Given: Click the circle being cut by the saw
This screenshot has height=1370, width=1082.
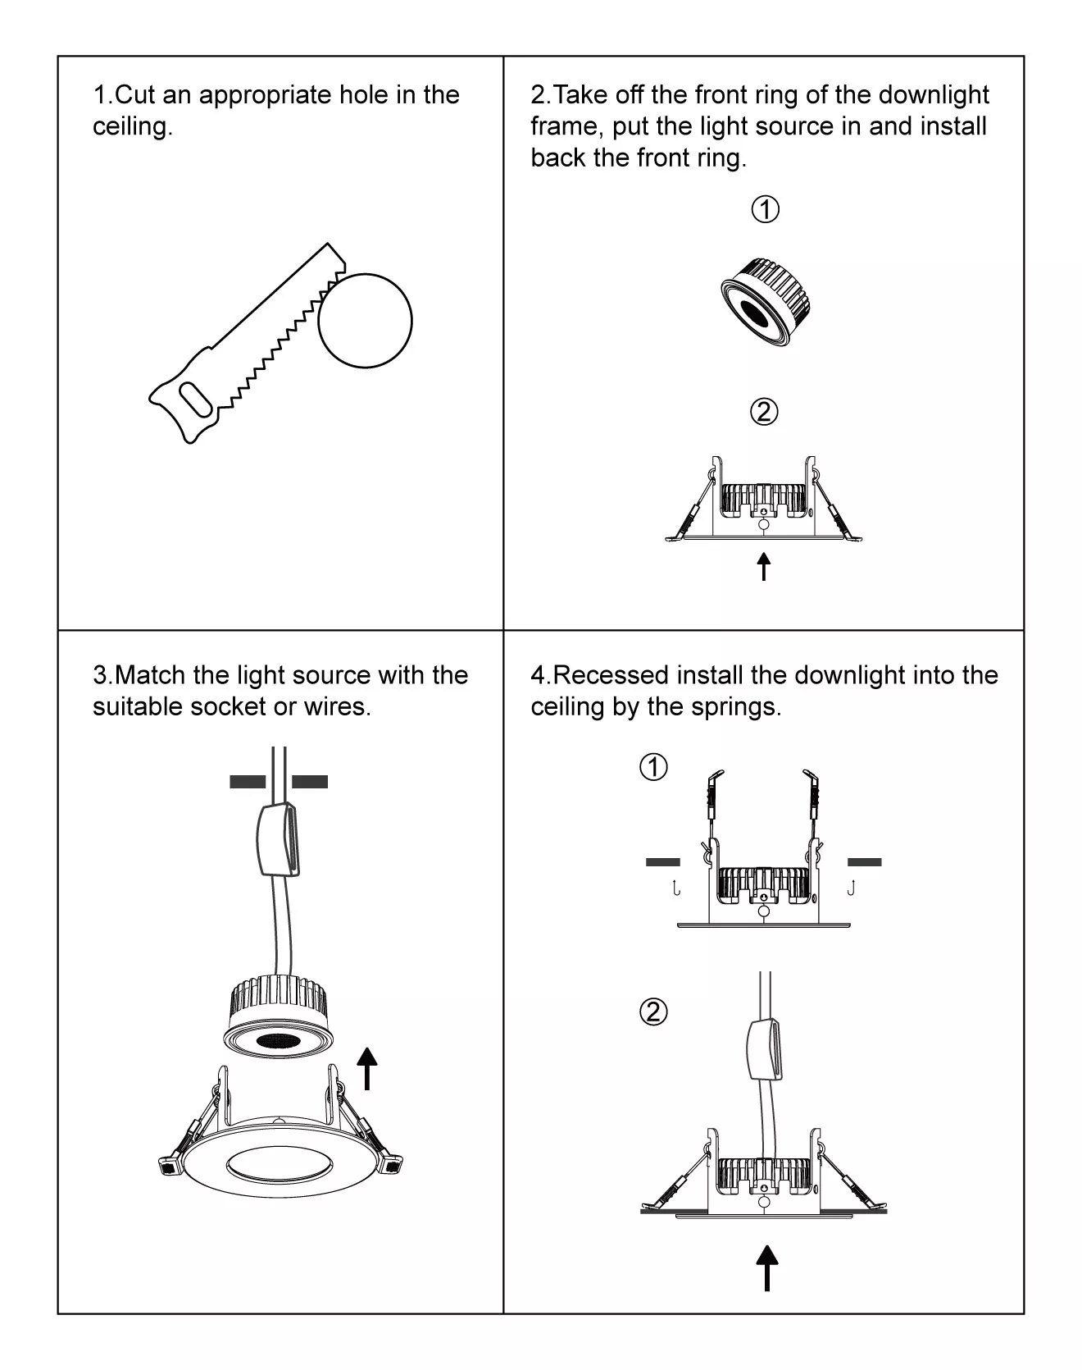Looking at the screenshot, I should pos(365,321).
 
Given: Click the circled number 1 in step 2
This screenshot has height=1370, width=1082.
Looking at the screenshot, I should pos(765,210).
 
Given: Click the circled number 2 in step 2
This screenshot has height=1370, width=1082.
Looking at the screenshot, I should pos(764,412).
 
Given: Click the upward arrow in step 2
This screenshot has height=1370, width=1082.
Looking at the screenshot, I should pos(764,566).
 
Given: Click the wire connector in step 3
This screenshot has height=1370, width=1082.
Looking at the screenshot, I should pos(279,838).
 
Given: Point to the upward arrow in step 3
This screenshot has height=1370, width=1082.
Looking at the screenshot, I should pos(367,1067).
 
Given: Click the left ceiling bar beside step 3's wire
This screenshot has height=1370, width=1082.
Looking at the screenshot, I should pos(248,782).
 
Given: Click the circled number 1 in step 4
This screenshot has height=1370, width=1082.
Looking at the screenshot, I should pos(653,768).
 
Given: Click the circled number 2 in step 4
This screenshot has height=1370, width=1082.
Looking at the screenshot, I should pos(653,1012).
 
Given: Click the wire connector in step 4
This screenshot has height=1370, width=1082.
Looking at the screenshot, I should pos(765,1048).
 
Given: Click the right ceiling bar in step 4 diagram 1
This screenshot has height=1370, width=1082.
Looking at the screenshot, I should pos(864,862).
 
